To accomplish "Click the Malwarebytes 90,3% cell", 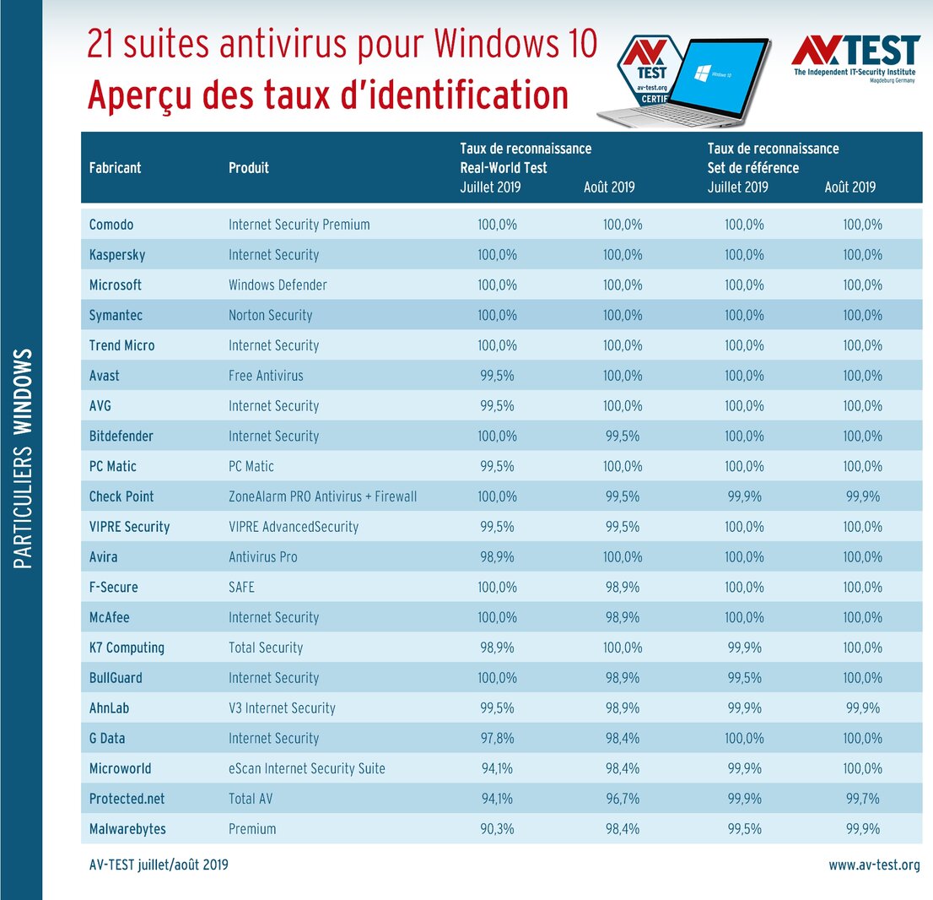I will coord(497,829).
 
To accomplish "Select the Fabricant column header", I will coord(115,167).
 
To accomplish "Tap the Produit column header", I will coord(249,167).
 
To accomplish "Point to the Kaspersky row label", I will coord(120,255).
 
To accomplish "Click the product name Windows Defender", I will coord(278,285).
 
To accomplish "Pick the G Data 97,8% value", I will coord(497,738).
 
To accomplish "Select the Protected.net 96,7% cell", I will coord(623,799).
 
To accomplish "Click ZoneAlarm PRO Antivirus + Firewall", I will coord(322,496).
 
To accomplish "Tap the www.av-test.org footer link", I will coord(874,865).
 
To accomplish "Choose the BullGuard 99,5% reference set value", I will coord(744,678).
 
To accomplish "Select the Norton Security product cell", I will coord(270,316).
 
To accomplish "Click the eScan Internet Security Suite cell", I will coord(307,768).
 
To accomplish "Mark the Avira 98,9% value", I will coord(497,557).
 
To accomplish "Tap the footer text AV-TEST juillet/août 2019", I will coord(159,865).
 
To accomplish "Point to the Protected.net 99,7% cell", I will coord(861,799).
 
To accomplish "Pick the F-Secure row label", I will coord(113,587).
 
